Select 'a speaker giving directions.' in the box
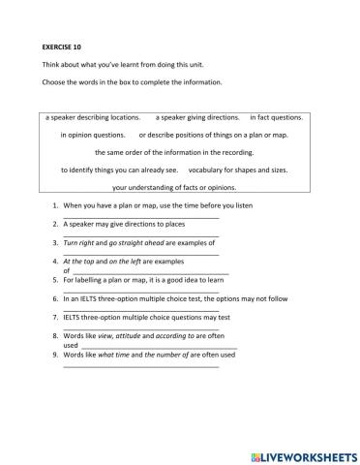[198, 117]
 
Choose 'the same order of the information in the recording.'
[180, 152]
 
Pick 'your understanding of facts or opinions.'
[180, 187]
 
